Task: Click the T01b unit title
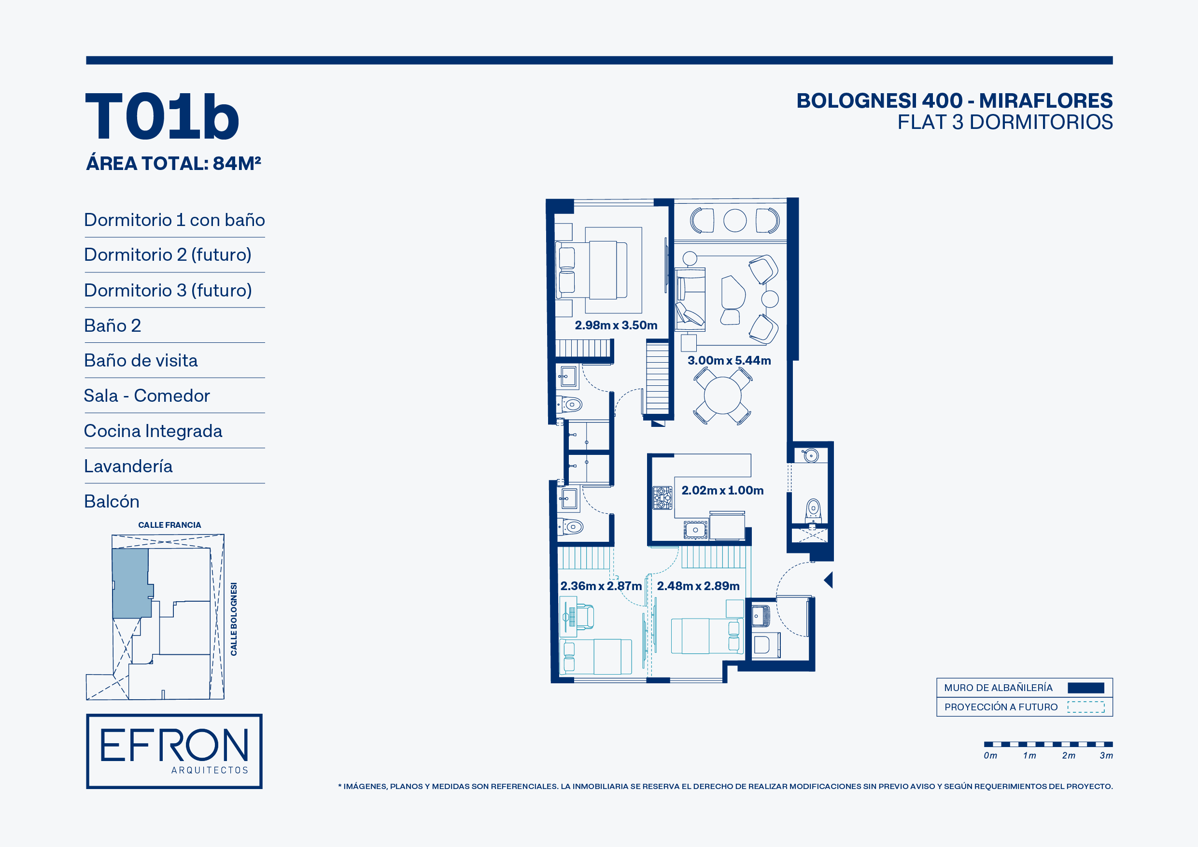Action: (x=162, y=116)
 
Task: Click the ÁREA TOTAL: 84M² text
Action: (x=174, y=163)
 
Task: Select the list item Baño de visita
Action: (x=141, y=361)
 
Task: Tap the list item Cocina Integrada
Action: (x=153, y=431)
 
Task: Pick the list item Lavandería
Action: (x=128, y=466)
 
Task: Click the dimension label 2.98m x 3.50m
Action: (x=616, y=325)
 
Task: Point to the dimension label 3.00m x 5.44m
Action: (x=729, y=360)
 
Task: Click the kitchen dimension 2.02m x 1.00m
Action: (x=722, y=490)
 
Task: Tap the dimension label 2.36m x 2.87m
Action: (x=601, y=586)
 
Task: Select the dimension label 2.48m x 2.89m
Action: (x=698, y=586)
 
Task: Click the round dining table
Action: (x=723, y=395)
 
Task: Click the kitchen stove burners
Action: (x=662, y=497)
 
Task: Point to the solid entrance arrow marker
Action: (x=829, y=580)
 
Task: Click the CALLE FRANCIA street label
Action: (x=169, y=525)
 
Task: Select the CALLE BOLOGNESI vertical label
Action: (x=234, y=619)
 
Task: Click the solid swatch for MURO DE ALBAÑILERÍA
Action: (x=1086, y=688)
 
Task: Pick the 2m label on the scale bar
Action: (x=1069, y=755)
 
